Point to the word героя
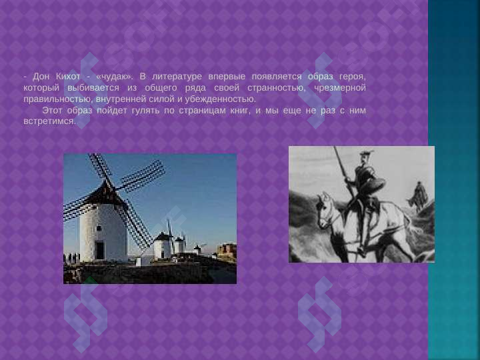[x=353, y=76]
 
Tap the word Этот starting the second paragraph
[x=53, y=110]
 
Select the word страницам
[x=188, y=110]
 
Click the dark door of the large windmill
[x=99, y=250]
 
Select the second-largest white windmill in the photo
[x=162, y=246]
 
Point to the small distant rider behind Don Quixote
[x=418, y=195]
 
